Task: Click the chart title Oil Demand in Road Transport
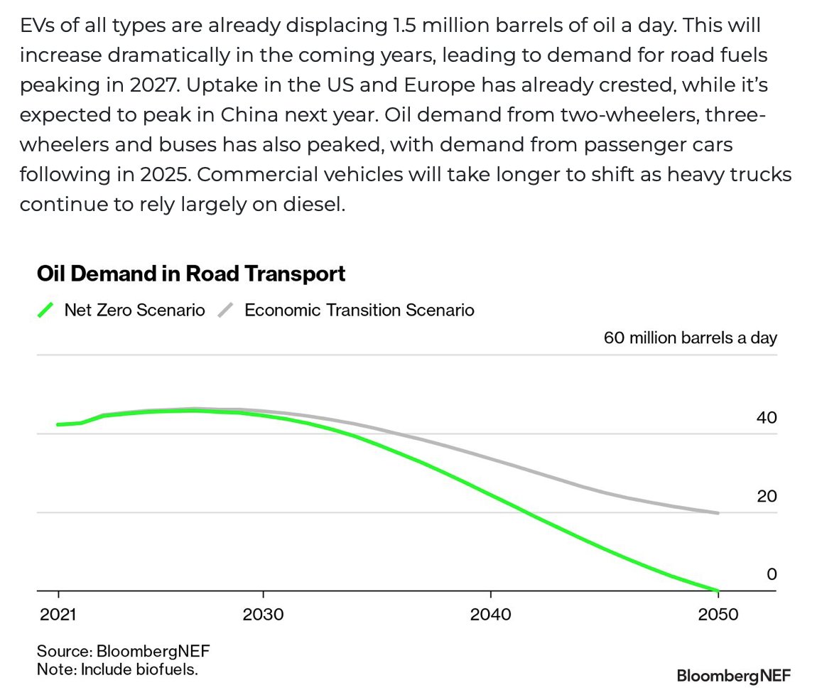coord(191,274)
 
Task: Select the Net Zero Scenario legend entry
coord(134,310)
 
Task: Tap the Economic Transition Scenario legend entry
coord(359,310)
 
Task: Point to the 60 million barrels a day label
coord(690,337)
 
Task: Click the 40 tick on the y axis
coord(767,417)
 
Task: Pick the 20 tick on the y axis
coord(767,496)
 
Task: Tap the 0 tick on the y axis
coord(772,574)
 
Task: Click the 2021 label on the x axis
coord(58,614)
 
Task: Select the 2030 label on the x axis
coord(263,614)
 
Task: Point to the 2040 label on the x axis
coord(490,614)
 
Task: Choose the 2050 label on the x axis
coord(718,614)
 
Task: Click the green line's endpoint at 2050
coord(718,590)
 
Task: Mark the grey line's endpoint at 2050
coord(718,512)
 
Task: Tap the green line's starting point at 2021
coord(58,425)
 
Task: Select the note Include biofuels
coord(117,669)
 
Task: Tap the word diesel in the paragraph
coord(314,204)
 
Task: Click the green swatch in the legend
coord(46,310)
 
